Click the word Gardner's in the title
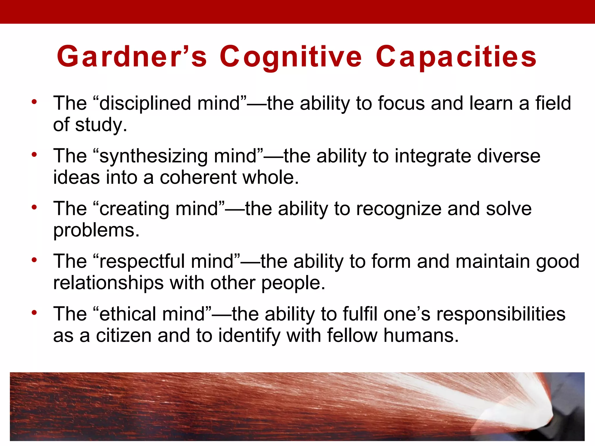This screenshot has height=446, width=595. point(132,56)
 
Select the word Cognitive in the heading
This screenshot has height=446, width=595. point(291,57)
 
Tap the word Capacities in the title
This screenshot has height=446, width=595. point(456,57)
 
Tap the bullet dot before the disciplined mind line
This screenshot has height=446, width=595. point(35,102)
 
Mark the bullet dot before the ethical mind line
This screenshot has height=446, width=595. point(35,313)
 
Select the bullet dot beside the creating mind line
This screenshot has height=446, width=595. point(35,207)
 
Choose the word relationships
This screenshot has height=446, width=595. point(108,283)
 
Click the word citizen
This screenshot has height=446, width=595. point(124,336)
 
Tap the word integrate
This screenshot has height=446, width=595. point(433,156)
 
